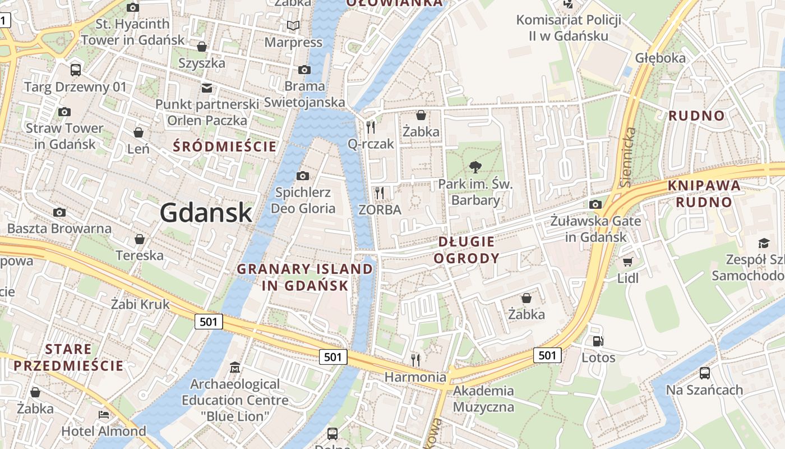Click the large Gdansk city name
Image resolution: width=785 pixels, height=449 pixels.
[x=206, y=213]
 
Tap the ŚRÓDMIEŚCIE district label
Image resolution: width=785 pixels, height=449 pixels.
[x=225, y=147]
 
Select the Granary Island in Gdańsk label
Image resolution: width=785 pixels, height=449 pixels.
[x=305, y=277]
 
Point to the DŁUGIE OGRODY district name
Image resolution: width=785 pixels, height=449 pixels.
[x=467, y=250]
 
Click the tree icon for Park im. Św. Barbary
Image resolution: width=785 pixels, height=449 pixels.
[x=475, y=167]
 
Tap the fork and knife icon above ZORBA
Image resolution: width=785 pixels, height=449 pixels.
[x=380, y=193]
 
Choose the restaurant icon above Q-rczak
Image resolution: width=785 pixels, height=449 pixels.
[x=370, y=127]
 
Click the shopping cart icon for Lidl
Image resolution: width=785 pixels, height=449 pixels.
[x=627, y=262]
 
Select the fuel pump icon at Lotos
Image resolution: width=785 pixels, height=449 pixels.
[x=598, y=341]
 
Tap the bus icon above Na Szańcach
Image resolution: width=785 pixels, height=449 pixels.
[x=704, y=373]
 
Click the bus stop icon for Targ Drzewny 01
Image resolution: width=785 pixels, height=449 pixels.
[x=76, y=70]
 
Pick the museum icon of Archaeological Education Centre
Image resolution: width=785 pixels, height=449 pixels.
[x=235, y=368]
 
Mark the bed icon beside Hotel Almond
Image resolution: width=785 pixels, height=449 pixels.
[x=104, y=415]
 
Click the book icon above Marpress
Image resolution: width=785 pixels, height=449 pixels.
[x=293, y=25]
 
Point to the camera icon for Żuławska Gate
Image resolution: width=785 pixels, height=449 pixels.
[x=595, y=204]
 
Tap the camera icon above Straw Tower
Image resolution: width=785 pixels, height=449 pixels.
[x=64, y=112]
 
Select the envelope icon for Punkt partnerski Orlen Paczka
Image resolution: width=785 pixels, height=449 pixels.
[x=207, y=88]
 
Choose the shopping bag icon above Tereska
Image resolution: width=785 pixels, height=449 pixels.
[x=140, y=239]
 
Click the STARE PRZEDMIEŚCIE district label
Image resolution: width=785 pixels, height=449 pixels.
[x=68, y=358]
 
